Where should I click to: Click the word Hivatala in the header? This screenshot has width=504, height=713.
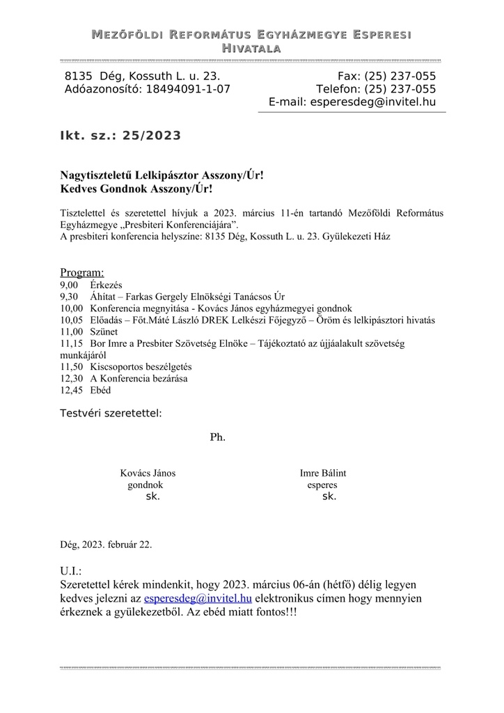251,48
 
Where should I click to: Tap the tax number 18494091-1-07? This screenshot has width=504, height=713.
188,89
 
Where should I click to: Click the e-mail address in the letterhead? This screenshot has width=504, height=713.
373,102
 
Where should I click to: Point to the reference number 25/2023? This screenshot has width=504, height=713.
151,136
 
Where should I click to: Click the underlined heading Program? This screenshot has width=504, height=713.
82,272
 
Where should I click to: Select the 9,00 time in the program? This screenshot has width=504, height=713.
70,285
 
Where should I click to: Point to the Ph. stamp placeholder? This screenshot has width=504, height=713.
217,437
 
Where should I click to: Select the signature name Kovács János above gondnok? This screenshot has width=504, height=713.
148,473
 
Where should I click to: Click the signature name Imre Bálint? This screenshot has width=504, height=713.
322,473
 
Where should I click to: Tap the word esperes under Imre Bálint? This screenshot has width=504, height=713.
322,485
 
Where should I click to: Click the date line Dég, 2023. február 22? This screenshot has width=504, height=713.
107,544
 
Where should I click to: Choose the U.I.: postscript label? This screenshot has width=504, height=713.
71,571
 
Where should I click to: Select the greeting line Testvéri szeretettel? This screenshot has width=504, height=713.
111,414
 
